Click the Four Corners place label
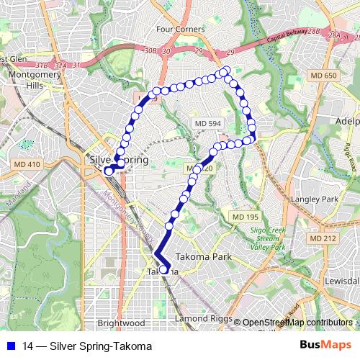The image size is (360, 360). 180,30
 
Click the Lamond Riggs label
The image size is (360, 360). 202,318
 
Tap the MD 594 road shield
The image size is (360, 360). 207,124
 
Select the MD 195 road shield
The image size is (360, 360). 244,217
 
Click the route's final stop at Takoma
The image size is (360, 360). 165,271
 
